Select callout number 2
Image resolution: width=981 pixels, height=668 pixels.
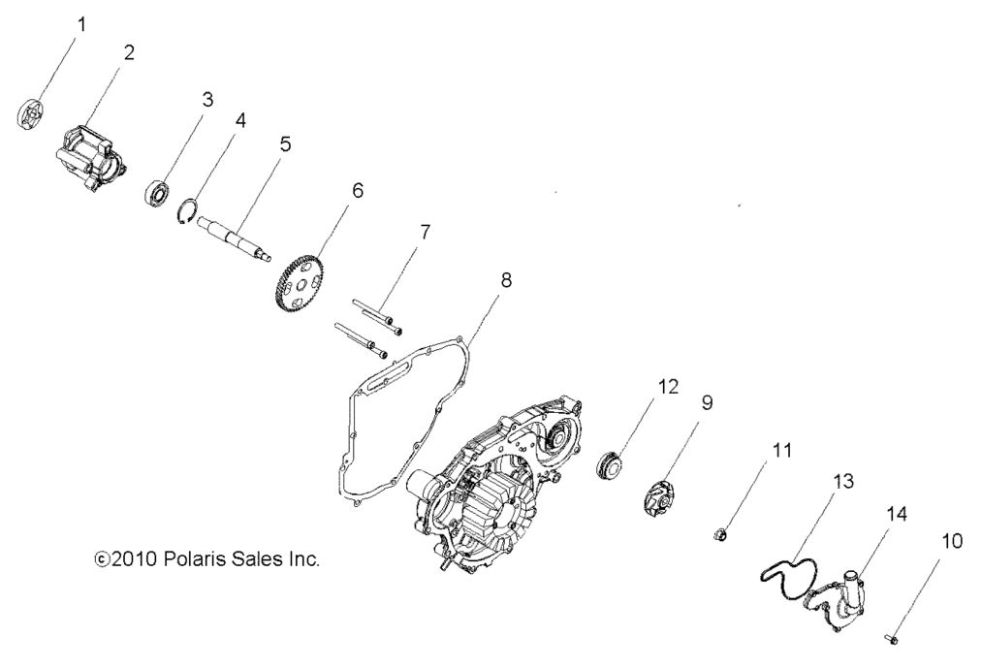pos(128,52)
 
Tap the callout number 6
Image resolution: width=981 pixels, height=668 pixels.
pos(358,190)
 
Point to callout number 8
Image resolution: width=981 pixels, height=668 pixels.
pos(506,280)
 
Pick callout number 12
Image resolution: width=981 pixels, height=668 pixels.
pos(696,386)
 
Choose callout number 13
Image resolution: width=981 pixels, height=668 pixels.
pos(842,481)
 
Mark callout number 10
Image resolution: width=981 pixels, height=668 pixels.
pos(952,540)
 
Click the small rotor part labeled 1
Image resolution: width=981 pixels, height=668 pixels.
pos(34,111)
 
